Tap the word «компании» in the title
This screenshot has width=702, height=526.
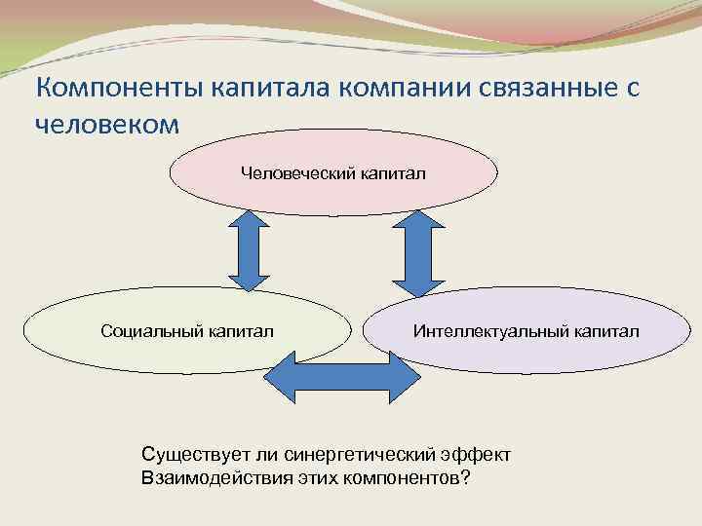(409, 90)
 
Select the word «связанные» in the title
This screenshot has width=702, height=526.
(547, 90)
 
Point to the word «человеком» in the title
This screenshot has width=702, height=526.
(107, 126)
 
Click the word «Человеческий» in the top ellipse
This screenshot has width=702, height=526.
(292, 173)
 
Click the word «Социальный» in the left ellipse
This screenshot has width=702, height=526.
(150, 331)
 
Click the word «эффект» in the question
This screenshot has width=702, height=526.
(474, 455)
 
